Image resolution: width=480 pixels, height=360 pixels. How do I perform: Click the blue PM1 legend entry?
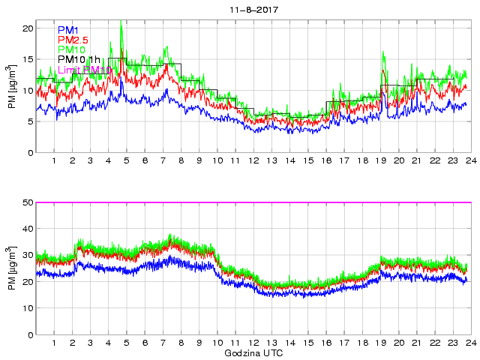(x=68, y=30)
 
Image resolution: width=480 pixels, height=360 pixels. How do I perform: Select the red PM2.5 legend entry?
(x=73, y=40)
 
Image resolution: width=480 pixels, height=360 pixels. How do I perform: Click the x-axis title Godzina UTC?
(x=253, y=352)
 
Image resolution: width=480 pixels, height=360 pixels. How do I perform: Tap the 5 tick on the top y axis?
(x=29, y=121)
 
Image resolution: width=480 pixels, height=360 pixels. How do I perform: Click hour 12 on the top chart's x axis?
(x=253, y=161)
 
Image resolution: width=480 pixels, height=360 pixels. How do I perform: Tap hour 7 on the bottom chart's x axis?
(x=163, y=343)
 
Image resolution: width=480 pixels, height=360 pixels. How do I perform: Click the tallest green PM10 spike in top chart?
(x=121, y=22)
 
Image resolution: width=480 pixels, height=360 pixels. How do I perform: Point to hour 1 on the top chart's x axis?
(x=54, y=161)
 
